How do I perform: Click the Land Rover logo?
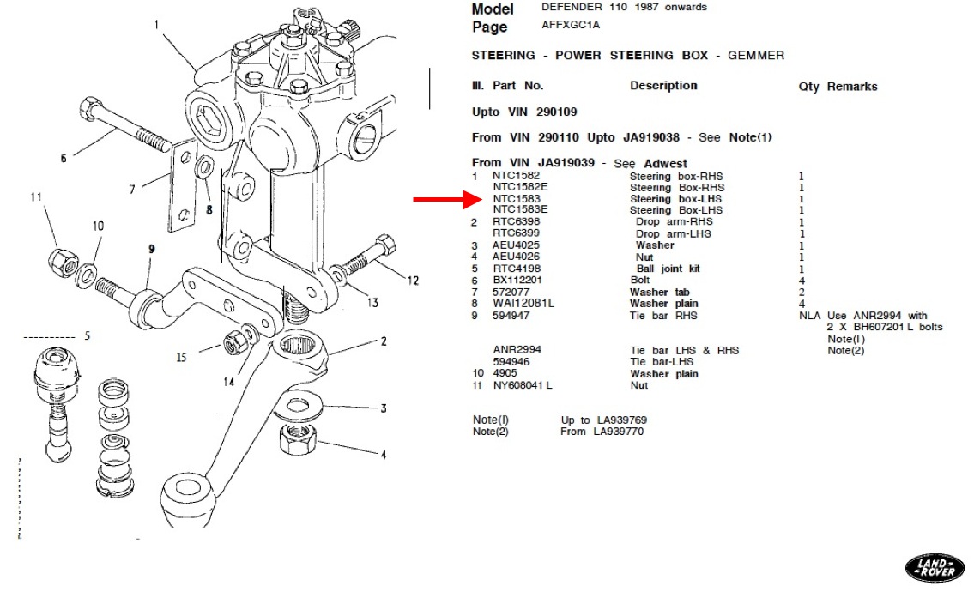click(935, 567)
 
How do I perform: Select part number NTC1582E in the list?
click(520, 188)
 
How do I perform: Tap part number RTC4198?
click(517, 269)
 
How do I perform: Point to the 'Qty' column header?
click(808, 87)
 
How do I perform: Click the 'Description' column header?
click(663, 86)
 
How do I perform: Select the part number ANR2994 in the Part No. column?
click(517, 350)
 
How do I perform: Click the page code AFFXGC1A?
click(571, 25)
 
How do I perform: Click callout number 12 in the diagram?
click(413, 280)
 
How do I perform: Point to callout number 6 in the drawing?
click(64, 159)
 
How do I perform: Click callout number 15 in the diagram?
click(180, 357)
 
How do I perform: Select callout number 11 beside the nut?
click(35, 197)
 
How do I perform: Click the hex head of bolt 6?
click(88, 110)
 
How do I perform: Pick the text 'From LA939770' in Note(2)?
click(602, 432)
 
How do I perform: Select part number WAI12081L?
click(523, 304)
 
